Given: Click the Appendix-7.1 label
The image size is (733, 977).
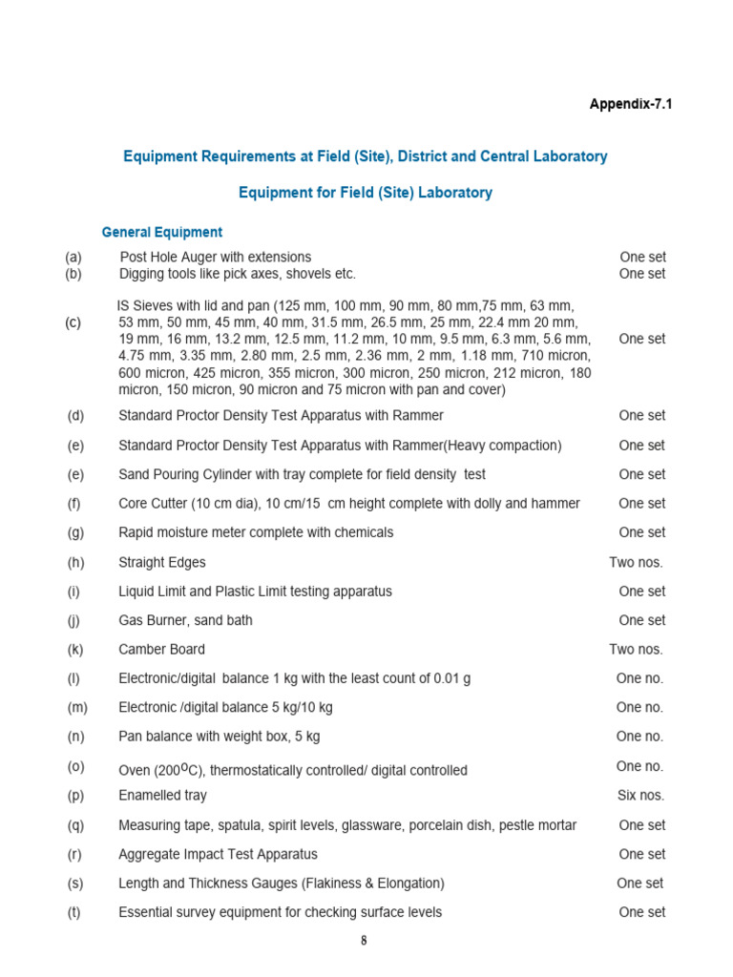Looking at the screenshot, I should [x=630, y=104].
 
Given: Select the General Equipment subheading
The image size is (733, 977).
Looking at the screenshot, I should [x=161, y=232].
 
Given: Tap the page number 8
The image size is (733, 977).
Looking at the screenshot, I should [x=364, y=941].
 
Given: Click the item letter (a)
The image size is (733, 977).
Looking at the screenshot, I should [x=73, y=257].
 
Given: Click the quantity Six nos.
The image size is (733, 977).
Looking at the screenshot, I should [x=641, y=795].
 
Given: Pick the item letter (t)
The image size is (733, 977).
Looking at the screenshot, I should [x=73, y=912].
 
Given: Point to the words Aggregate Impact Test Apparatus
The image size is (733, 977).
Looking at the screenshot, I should [x=218, y=854].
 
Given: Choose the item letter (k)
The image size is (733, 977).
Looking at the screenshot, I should [x=74, y=650].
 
